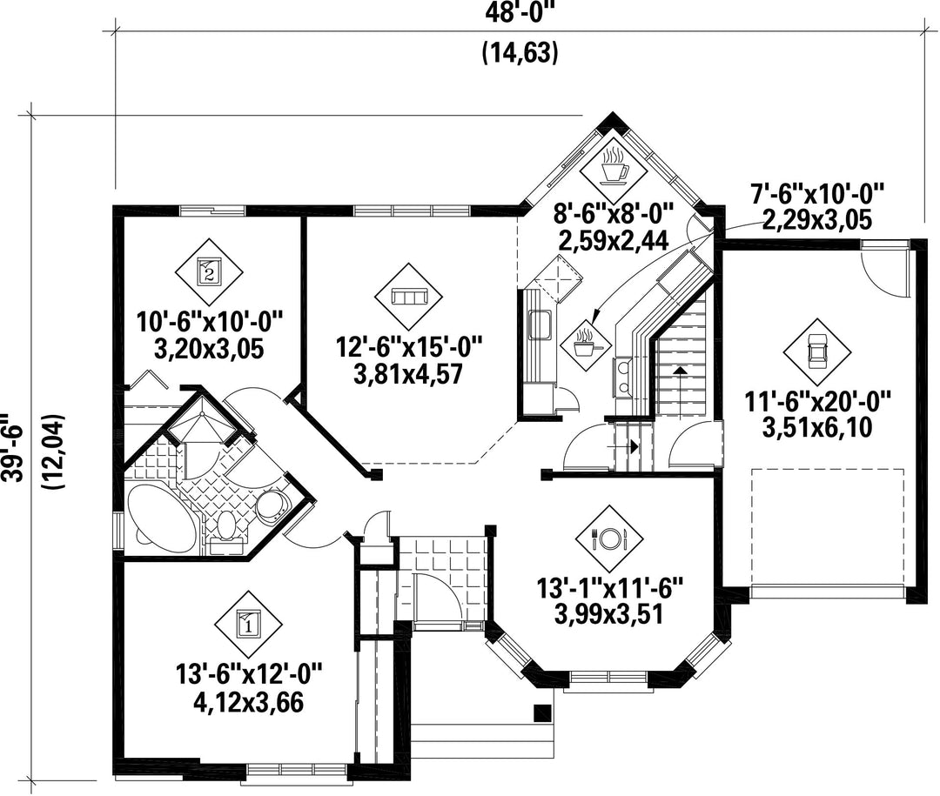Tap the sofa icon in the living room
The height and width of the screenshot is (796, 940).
pyautogui.click(x=408, y=296)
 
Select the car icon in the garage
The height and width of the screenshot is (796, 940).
pyautogui.click(x=816, y=351)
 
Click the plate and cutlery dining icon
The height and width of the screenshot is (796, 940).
pyautogui.click(x=609, y=537)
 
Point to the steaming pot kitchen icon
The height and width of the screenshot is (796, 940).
pyautogui.click(x=587, y=345)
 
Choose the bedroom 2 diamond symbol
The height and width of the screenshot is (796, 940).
pyautogui.click(x=209, y=271)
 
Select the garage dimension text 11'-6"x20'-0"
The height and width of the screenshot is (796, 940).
pyautogui.click(x=817, y=400)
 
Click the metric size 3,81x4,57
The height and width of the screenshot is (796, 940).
pyautogui.click(x=408, y=375)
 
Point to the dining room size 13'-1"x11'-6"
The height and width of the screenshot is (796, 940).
pyautogui.click(x=609, y=588)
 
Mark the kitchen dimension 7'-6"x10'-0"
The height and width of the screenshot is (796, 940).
pyautogui.click(x=817, y=195)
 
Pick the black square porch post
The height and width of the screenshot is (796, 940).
pyautogui.click(x=542, y=712)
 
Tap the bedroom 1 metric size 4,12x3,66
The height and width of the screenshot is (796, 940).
pyautogui.click(x=248, y=703)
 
